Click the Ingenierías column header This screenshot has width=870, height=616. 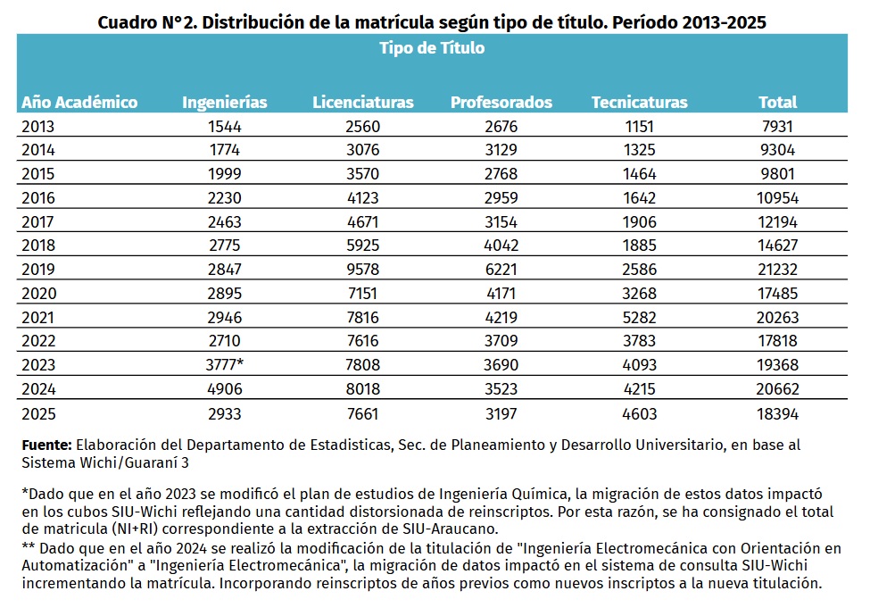pyautogui.click(x=225, y=102)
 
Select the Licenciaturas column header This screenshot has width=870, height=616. pyautogui.click(x=363, y=102)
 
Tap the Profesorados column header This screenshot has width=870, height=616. pyautogui.click(x=501, y=102)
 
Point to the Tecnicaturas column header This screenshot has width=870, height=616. pyautogui.click(x=639, y=102)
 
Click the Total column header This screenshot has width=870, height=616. pyautogui.click(x=777, y=102)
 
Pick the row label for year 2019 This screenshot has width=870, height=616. pyautogui.click(x=38, y=269)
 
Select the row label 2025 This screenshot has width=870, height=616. pyautogui.click(x=38, y=414)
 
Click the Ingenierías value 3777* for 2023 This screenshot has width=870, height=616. pyautogui.click(x=225, y=364)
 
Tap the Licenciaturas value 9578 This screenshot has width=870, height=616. pyautogui.click(x=363, y=269)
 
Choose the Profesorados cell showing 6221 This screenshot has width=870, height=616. pyautogui.click(x=501, y=269)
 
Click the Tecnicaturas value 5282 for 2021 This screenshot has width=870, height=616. pyautogui.click(x=639, y=318)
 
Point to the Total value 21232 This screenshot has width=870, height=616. pyautogui.click(x=777, y=269)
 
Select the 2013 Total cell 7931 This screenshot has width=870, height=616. pyautogui.click(x=777, y=127)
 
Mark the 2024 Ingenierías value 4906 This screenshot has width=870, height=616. pyautogui.click(x=225, y=388)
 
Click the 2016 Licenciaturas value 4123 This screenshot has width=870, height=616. pyautogui.click(x=363, y=198)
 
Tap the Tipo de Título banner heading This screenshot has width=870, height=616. pyautogui.click(x=432, y=47)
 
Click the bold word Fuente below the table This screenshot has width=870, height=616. pyautogui.click(x=46, y=445)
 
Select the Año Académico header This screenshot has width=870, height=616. pyautogui.click(x=79, y=102)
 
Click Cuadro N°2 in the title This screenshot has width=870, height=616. pyautogui.click(x=147, y=22)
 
